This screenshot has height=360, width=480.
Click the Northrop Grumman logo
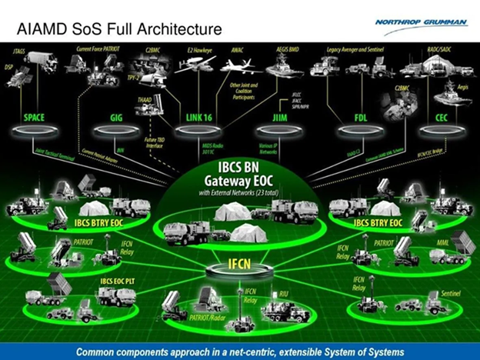tap(421, 22)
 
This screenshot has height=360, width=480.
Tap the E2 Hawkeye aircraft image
tap(195, 65)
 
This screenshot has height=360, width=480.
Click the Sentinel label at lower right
tap(450, 294)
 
